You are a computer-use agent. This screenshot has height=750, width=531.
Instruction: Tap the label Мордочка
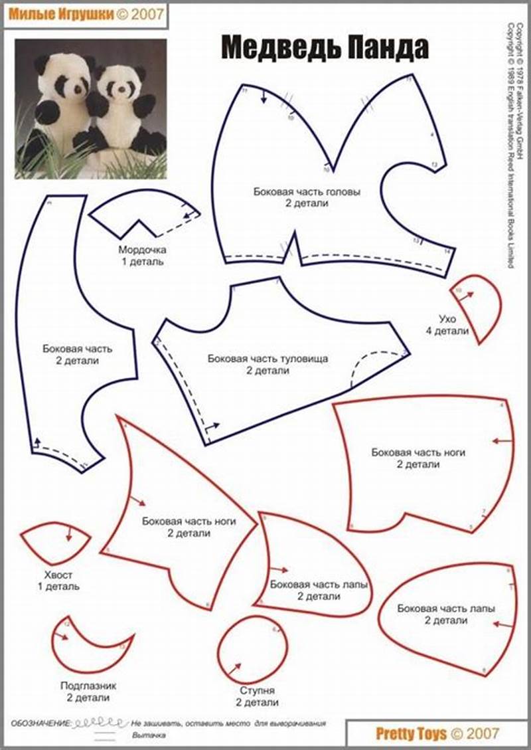(142, 250)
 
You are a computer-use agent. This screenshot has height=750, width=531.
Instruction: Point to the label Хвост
(58, 575)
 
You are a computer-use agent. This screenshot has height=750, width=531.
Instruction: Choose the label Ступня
(256, 690)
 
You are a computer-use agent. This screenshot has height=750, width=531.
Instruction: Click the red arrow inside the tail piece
(69, 534)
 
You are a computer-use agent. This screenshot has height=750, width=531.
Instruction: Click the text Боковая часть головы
(307, 191)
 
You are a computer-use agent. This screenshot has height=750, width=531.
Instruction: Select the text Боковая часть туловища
(267, 358)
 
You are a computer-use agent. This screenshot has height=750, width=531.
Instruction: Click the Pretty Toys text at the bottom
(411, 733)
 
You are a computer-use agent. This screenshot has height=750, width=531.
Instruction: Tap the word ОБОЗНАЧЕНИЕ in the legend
(40, 722)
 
